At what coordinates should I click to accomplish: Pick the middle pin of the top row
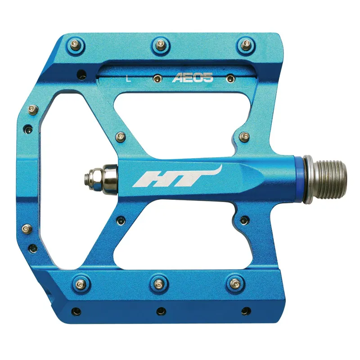click(x=160, y=44)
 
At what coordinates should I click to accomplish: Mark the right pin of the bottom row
click(x=234, y=283)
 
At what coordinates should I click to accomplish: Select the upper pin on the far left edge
click(x=32, y=108)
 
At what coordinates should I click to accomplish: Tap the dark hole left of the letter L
click(x=81, y=73)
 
